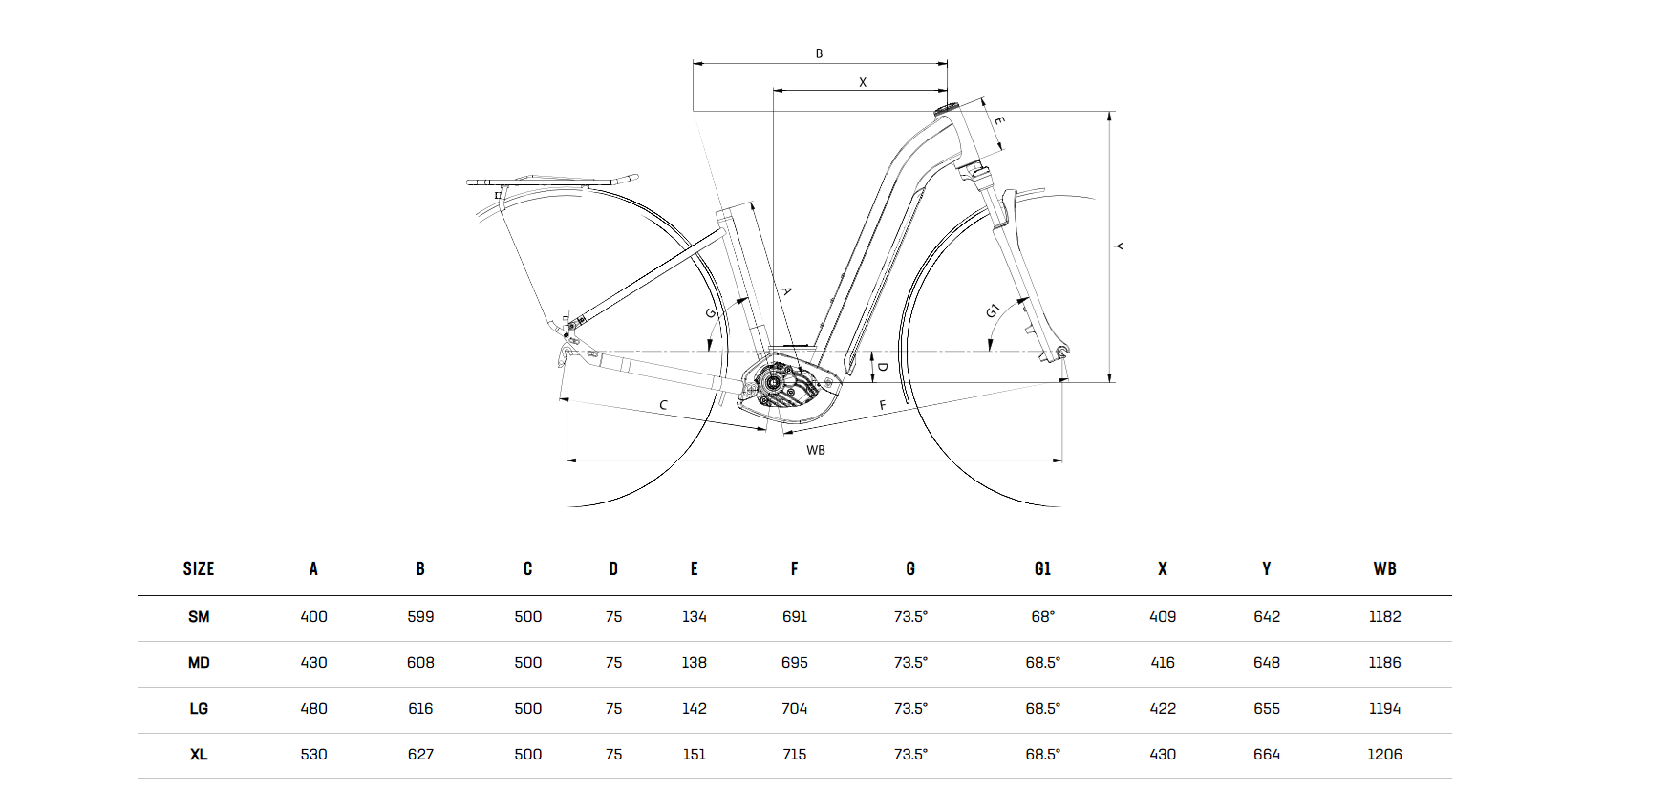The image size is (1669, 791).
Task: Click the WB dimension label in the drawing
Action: [x=815, y=450]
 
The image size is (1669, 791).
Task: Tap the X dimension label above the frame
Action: [x=862, y=82]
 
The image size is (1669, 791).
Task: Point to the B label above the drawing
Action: [x=819, y=54]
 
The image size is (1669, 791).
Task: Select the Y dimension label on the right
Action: [x=1118, y=246]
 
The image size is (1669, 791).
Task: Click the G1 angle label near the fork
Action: [x=993, y=310]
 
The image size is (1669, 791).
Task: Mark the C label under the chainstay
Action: [x=663, y=405]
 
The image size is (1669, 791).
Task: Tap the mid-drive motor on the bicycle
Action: [x=785, y=386]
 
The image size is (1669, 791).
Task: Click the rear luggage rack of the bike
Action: [x=551, y=180]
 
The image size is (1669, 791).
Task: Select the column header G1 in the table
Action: [x=1042, y=569]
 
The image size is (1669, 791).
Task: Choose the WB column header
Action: [x=1384, y=569]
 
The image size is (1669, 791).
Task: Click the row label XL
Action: [x=199, y=755]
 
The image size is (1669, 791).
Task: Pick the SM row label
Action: [x=199, y=617]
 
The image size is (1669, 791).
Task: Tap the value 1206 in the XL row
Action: [x=1384, y=755]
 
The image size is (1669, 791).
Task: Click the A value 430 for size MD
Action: [x=313, y=663]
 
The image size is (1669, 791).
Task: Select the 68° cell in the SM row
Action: [x=1042, y=617]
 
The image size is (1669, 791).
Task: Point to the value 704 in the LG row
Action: [x=794, y=709]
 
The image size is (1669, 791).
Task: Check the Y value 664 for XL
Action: [x=1266, y=755]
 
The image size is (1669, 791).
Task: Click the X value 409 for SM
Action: [x=1162, y=617]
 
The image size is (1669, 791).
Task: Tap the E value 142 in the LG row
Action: [x=694, y=709]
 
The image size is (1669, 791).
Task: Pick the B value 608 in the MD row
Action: [x=420, y=663]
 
